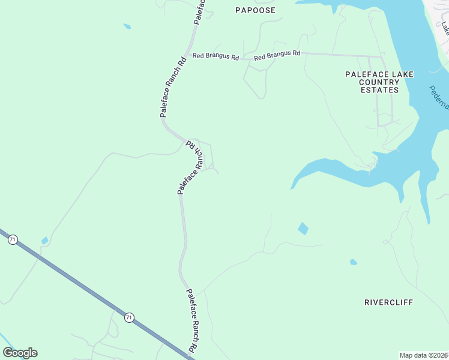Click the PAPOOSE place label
coord(255,10)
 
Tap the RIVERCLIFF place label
coord(388,302)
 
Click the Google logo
coord(20,353)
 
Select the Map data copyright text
coord(423,355)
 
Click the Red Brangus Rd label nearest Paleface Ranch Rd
coord(215,57)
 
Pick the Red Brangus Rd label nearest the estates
coord(277,55)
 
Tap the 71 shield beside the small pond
coord(13,239)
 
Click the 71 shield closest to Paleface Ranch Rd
coord(129,317)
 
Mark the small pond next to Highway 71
coord(44,241)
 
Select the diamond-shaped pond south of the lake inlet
coord(303,229)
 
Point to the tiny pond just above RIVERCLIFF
coord(354,262)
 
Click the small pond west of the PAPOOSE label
coord(127,26)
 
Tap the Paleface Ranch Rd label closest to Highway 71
coord(192,321)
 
